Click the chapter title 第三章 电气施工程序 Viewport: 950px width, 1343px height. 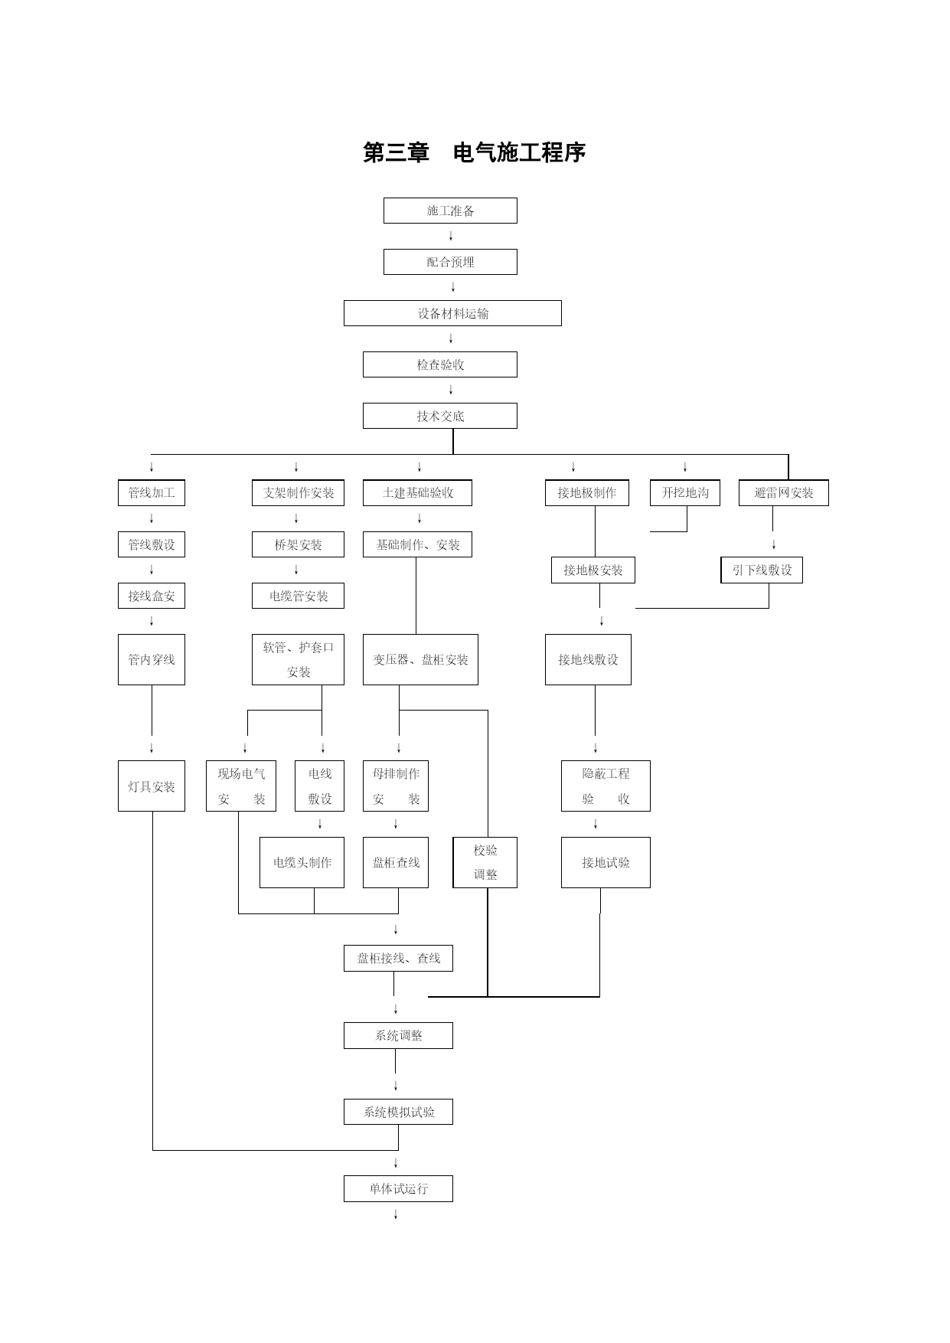pyautogui.click(x=475, y=152)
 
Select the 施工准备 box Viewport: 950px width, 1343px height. pyautogui.click(x=450, y=211)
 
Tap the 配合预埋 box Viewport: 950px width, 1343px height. pyautogui.click(x=450, y=262)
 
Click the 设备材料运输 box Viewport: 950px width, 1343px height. pyautogui.click(x=452, y=313)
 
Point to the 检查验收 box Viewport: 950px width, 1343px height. pyautogui.click(x=440, y=364)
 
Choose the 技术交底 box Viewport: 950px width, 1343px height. pyautogui.click(x=440, y=416)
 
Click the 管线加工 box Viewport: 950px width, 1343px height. pyautogui.click(x=152, y=492)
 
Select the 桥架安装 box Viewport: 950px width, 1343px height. pyautogui.click(x=298, y=544)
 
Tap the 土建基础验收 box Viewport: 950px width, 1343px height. pyautogui.click(x=417, y=492)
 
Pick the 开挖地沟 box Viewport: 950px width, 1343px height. pyautogui.click(x=685, y=492)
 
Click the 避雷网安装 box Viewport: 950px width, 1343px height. pyautogui.click(x=784, y=492)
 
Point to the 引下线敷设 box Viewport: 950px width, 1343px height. pyautogui.click(x=762, y=570)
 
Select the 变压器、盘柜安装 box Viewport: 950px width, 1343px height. pyautogui.click(x=420, y=659)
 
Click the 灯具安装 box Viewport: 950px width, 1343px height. pyautogui.click(x=152, y=786)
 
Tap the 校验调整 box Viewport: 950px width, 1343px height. pyautogui.click(x=485, y=862)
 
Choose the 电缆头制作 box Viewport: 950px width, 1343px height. pyautogui.click(x=302, y=862)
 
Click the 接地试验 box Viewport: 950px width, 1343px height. pyautogui.click(x=606, y=862)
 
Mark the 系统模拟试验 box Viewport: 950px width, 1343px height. pyautogui.click(x=398, y=1112)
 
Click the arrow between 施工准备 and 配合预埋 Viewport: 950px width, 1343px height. pyautogui.click(x=451, y=236)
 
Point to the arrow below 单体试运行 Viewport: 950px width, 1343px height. pyautogui.click(x=396, y=1214)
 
